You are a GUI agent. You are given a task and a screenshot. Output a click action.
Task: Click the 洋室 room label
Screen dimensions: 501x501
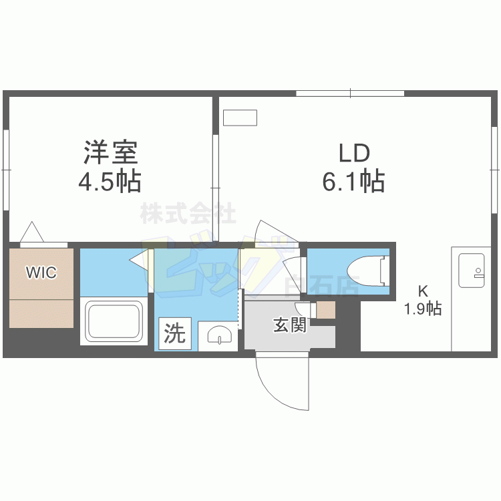coord(111,153)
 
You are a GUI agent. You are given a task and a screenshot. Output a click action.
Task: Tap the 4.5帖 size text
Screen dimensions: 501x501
coord(111,181)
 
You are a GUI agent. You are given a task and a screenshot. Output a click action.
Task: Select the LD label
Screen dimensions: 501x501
coord(353,154)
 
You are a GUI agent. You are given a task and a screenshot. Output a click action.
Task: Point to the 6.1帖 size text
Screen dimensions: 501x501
coord(353,181)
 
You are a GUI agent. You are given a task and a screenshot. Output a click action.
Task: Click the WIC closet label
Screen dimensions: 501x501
coord(41,273)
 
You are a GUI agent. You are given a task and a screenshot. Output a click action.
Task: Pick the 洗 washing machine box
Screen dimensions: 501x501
coord(175,333)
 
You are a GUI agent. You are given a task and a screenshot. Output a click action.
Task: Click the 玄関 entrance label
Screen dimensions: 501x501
coord(290,325)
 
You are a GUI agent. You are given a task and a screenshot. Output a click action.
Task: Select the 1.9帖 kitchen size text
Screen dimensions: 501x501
coord(422,309)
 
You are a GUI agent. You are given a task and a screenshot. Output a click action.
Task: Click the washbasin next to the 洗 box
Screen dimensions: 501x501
coord(218,335)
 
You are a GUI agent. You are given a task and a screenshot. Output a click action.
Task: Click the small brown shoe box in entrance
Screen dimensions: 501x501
coord(325,310)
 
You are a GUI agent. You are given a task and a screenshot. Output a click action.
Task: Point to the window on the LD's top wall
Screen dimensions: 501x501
coord(349,94)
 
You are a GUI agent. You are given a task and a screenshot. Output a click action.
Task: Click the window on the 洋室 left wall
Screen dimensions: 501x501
coord(5,170)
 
